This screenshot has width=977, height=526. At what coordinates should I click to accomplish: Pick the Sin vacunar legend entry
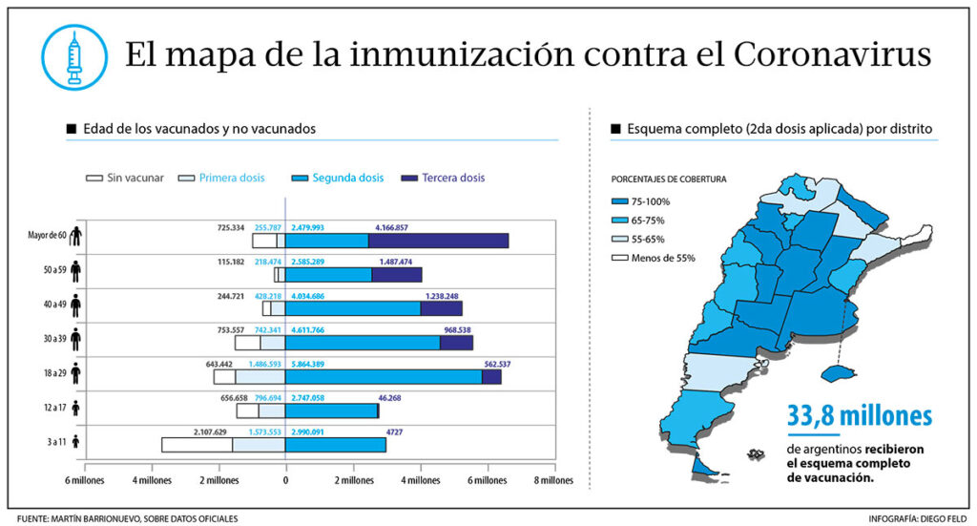click(x=125, y=179)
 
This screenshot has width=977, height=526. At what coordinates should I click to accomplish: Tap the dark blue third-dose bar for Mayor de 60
click(x=438, y=241)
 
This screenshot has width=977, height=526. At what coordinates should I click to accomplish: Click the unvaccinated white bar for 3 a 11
click(x=197, y=445)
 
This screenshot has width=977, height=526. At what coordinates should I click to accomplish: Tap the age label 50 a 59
click(x=49, y=271)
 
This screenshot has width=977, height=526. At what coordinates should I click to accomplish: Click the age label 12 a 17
click(x=49, y=408)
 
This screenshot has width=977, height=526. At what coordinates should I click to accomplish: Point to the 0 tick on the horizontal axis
click(x=285, y=480)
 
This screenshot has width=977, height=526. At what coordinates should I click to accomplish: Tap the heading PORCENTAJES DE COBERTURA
click(x=669, y=179)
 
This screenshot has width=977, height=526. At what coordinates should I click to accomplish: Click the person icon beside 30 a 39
click(x=75, y=339)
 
